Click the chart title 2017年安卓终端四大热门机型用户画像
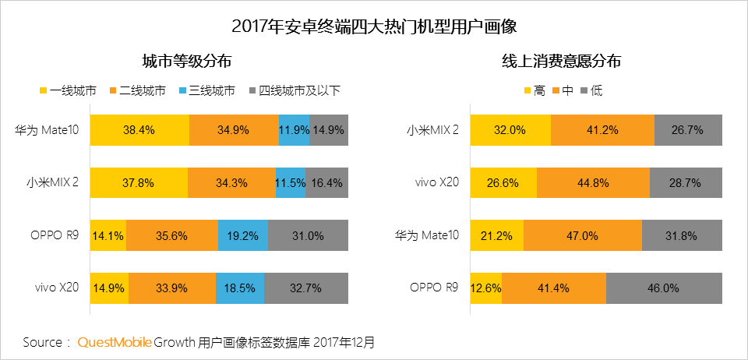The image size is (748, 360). [x=374, y=26]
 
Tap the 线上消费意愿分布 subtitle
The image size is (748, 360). [x=561, y=62]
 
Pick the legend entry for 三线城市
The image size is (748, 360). [x=206, y=90]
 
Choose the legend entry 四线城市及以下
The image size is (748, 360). [x=294, y=90]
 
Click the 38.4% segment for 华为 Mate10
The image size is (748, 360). [x=139, y=130]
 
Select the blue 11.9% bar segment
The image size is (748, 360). [x=294, y=130]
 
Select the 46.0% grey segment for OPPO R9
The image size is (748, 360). [x=663, y=288]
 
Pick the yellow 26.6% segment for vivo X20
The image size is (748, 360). [x=503, y=183]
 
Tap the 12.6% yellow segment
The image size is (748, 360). [x=486, y=288]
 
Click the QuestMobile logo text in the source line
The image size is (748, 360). [x=114, y=342]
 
